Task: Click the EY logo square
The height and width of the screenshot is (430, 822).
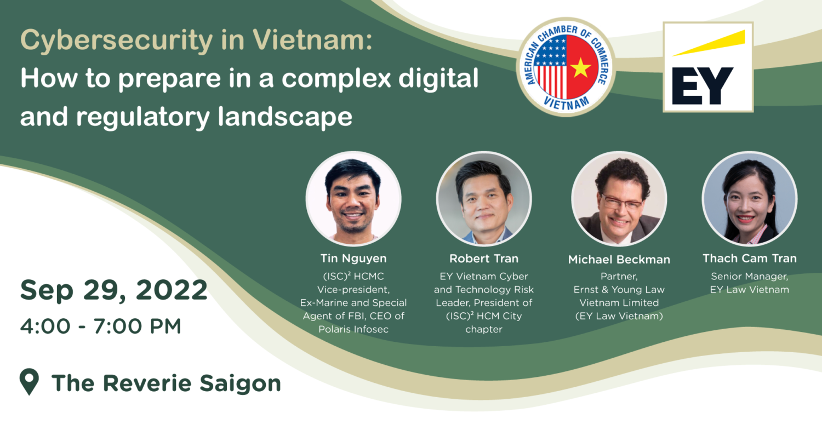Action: coord(708,67)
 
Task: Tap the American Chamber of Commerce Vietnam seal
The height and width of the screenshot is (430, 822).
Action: coord(566,67)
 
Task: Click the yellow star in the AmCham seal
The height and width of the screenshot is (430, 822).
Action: coord(580,67)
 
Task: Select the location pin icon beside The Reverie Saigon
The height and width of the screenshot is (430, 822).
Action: coord(30,382)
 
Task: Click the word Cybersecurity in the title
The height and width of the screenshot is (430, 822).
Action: coord(116,41)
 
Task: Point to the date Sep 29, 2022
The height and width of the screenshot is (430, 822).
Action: coord(114,290)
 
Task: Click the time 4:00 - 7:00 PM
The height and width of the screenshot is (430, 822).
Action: coord(100,326)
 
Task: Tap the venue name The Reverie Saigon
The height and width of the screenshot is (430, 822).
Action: coord(166,384)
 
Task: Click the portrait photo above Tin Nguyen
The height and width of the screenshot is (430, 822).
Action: coord(353,198)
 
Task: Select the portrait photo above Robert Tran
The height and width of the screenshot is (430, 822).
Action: coord(484,198)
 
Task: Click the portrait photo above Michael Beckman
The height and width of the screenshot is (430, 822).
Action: coord(619,198)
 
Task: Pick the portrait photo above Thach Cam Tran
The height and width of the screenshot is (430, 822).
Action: coord(750,198)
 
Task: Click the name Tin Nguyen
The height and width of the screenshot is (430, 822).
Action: coord(353,259)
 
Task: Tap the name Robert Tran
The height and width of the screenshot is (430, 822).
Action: coord(484,259)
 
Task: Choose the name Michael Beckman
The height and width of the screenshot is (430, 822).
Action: coord(619,260)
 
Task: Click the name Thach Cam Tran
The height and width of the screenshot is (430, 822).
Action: coord(750,259)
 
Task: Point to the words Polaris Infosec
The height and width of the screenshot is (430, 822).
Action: coord(353,329)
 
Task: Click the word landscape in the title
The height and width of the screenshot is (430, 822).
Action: coord(285,117)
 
